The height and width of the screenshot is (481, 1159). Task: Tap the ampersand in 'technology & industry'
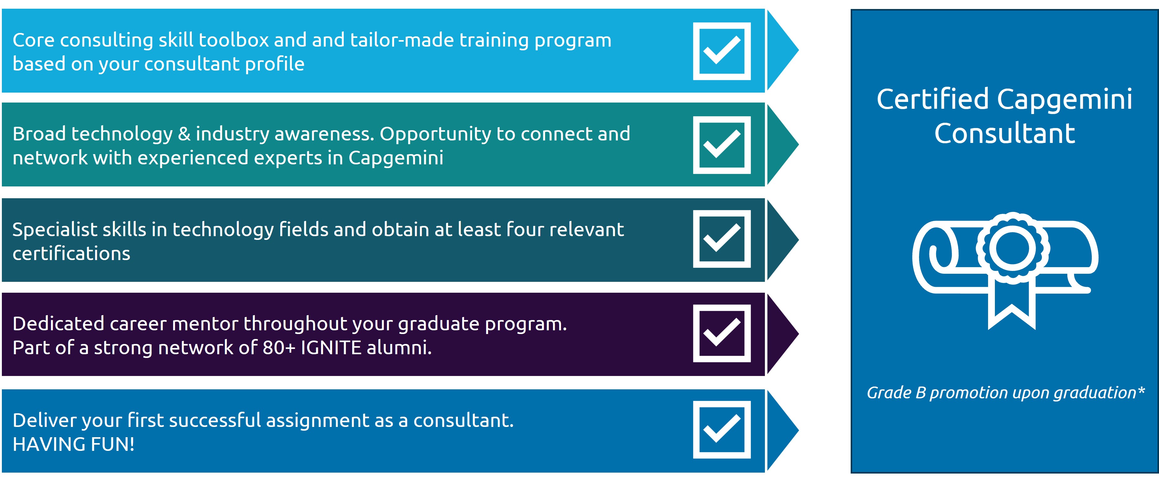[x=184, y=134]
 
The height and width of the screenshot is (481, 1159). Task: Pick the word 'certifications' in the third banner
[x=71, y=254]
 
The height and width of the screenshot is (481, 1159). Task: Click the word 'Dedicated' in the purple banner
[x=58, y=324]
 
